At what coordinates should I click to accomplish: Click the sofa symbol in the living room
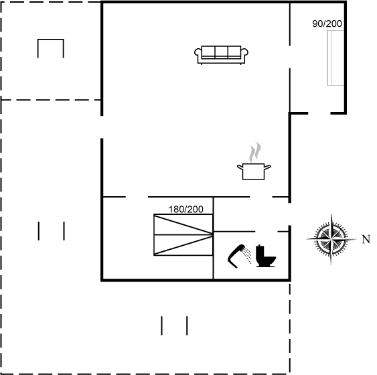221,55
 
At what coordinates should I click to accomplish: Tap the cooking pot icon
254,171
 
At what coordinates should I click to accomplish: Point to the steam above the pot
254,152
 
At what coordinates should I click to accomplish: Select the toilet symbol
265,256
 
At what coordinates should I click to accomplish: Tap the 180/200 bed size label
186,210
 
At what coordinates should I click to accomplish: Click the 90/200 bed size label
327,23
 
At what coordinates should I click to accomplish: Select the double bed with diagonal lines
183,234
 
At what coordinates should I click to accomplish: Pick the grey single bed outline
335,58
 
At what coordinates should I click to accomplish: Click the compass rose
331,239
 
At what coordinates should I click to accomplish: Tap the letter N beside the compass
366,240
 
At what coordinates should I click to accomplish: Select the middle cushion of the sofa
221,52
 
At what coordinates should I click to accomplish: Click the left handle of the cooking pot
240,167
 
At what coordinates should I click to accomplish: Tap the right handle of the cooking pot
268,167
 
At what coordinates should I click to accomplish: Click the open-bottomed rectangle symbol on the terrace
51,40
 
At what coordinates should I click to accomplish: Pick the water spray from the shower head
247,256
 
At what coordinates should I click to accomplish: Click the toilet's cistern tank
260,250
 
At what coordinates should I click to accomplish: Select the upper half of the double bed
183,224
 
